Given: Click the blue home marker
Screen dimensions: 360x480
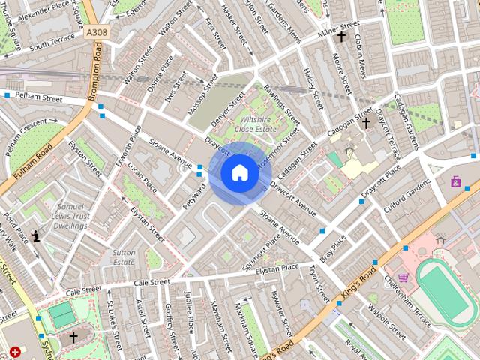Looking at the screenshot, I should click(240, 173).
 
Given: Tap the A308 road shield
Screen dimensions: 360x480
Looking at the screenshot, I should click(97, 33).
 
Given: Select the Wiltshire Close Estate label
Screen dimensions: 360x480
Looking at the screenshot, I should click(257, 124).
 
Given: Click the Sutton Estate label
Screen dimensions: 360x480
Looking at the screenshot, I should click(124, 258).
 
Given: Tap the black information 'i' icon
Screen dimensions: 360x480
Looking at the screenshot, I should click(35, 235).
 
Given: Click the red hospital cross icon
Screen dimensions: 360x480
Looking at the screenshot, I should click(16, 351).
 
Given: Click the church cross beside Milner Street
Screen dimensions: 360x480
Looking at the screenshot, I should click(341, 36).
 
